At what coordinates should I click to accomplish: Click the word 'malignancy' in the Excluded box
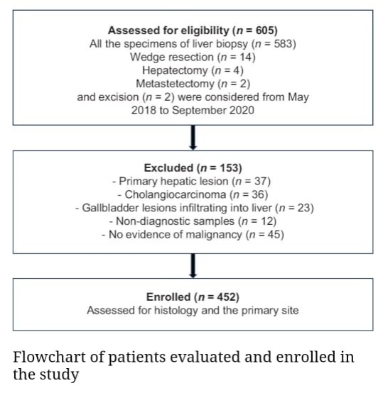[x=216, y=235]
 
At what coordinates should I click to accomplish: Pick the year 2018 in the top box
[x=144, y=111]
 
